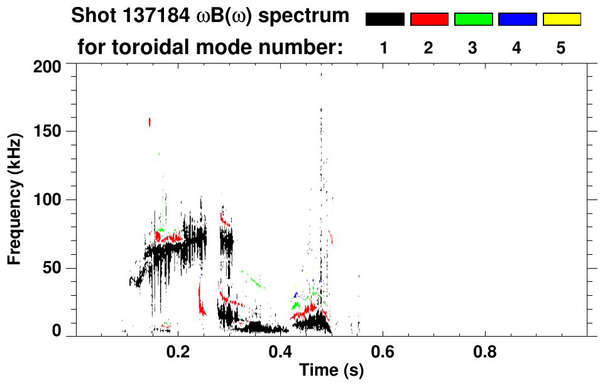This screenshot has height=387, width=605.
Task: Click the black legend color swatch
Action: pos(384,20)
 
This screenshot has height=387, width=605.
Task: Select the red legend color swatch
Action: pos(429,20)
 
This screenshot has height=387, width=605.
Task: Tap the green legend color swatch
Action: pos(473,20)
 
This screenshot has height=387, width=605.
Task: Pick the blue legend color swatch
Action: pos(517,20)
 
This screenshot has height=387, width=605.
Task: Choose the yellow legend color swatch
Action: pos(561,20)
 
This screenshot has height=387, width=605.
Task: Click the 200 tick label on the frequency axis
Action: pos(47,66)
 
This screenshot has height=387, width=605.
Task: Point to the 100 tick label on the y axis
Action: pos(47,200)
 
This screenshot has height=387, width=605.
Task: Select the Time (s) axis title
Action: pos(330,371)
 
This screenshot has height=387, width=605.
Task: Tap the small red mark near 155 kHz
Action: pos(150,122)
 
